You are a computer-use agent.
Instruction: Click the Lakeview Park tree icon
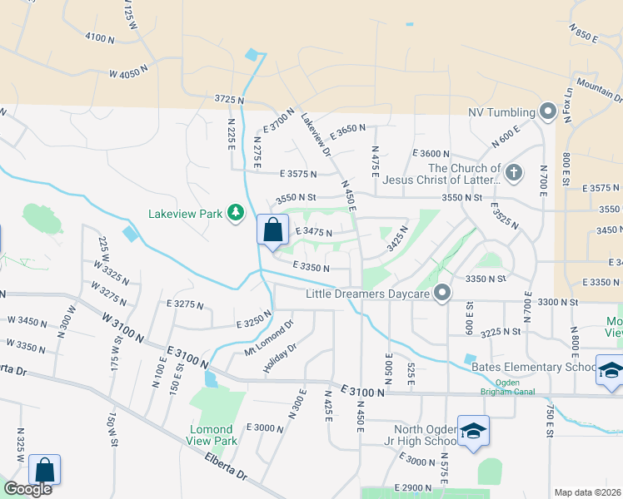click(237, 214)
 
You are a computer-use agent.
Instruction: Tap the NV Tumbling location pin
click(548, 111)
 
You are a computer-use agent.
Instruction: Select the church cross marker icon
click(514, 173)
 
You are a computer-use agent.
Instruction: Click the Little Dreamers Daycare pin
click(442, 293)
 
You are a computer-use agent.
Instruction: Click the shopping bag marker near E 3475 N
click(272, 230)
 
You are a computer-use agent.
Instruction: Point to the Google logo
click(27, 489)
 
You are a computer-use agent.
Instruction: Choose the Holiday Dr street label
click(280, 358)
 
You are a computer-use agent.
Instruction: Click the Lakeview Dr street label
click(316, 134)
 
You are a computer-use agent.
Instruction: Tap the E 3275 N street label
click(185, 304)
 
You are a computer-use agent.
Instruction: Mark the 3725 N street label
click(229, 99)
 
